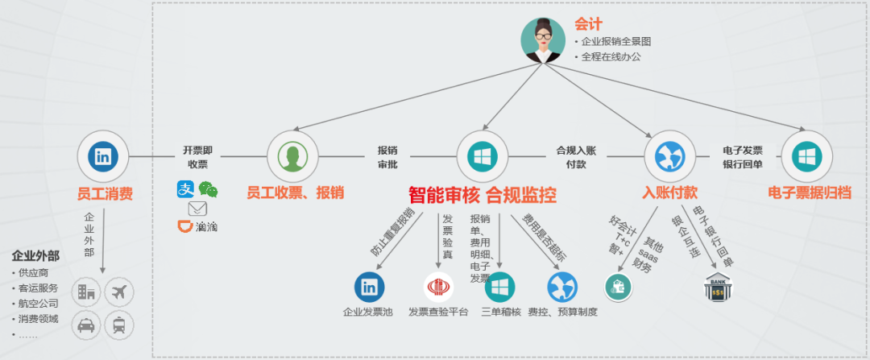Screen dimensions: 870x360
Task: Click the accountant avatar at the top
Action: [x=543, y=39]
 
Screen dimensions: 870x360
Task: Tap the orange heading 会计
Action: [x=588, y=24]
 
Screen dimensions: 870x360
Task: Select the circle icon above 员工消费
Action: [x=103, y=156]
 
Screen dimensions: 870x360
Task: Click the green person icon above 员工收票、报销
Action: [x=292, y=156]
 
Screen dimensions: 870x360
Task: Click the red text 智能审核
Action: [x=444, y=195]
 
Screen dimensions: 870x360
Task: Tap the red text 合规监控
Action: [x=521, y=195]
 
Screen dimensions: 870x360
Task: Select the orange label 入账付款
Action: [x=669, y=192]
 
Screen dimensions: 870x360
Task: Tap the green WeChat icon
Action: [x=209, y=189]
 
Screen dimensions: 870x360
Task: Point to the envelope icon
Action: [x=197, y=208]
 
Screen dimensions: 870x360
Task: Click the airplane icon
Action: [x=119, y=292]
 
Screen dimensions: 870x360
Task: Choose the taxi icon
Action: [x=86, y=325]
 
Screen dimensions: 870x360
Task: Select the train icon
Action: [x=119, y=325]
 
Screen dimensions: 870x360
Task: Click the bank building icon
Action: [x=717, y=288]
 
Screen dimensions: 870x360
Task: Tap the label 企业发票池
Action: [x=367, y=312]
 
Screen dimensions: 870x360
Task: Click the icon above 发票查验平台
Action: [x=437, y=287]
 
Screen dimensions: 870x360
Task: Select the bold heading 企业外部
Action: [x=35, y=256]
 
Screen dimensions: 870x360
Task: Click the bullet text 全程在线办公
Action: [x=612, y=57]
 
